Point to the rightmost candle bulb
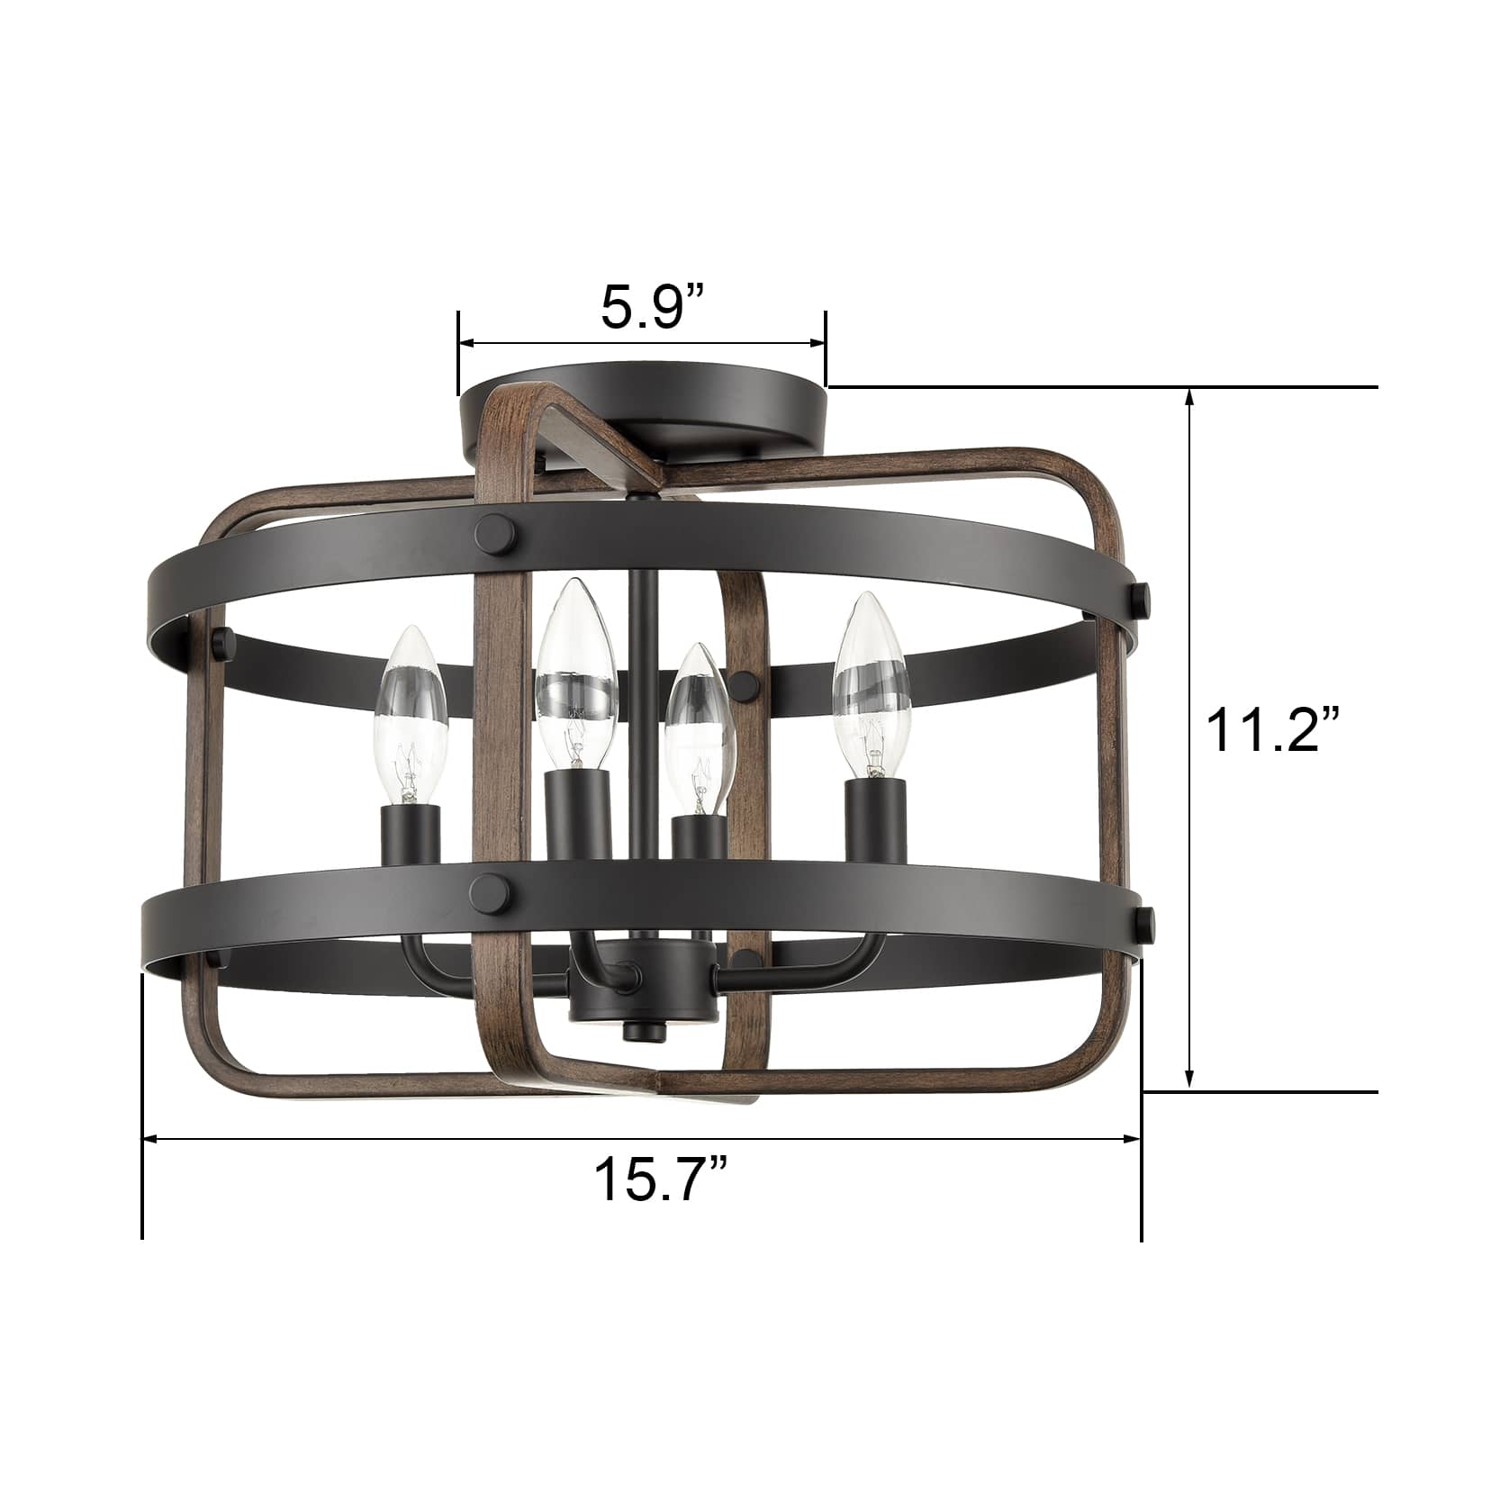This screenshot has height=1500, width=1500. coord(870,684)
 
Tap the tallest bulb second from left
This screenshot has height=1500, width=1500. coord(576,674)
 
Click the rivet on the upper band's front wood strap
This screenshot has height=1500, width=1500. coord(498,529)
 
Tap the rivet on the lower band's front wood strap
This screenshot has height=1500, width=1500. coord(497,893)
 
